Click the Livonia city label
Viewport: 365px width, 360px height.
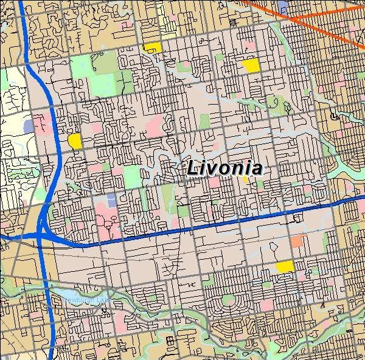click(224, 168)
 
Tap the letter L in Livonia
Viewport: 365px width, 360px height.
click(192, 168)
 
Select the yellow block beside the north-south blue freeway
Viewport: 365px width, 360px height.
click(75, 141)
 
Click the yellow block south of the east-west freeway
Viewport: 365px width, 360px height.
click(284, 266)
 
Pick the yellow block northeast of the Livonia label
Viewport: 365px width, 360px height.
click(250, 64)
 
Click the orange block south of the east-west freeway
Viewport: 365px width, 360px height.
click(296, 241)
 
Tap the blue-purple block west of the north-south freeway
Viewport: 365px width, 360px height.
click(28, 126)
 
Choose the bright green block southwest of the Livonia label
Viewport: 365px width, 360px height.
click(132, 176)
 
